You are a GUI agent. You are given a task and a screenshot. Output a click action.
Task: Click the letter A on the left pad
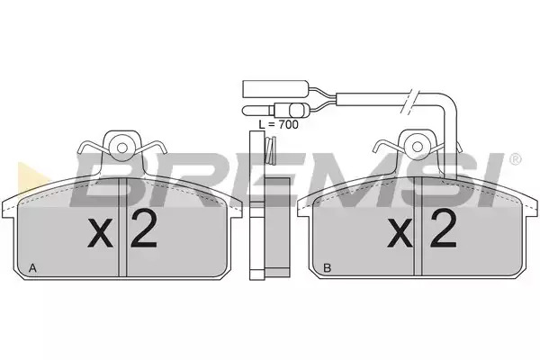click(x=32, y=267)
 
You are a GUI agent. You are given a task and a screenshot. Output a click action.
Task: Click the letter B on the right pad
click(x=328, y=267)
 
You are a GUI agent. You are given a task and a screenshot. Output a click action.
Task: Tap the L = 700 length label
click(x=279, y=125)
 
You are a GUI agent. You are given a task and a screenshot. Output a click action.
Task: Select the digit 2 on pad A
click(x=143, y=229)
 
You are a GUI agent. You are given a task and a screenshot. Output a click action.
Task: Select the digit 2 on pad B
click(x=443, y=229)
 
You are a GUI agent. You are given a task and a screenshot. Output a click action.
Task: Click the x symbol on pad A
click(x=100, y=233)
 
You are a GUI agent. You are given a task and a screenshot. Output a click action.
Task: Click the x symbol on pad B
click(x=400, y=233)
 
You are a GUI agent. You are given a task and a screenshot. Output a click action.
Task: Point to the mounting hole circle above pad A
click(x=121, y=148)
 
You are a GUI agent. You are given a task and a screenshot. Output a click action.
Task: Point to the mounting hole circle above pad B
click(x=417, y=148)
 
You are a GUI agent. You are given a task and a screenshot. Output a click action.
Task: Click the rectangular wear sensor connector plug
click(x=275, y=88)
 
